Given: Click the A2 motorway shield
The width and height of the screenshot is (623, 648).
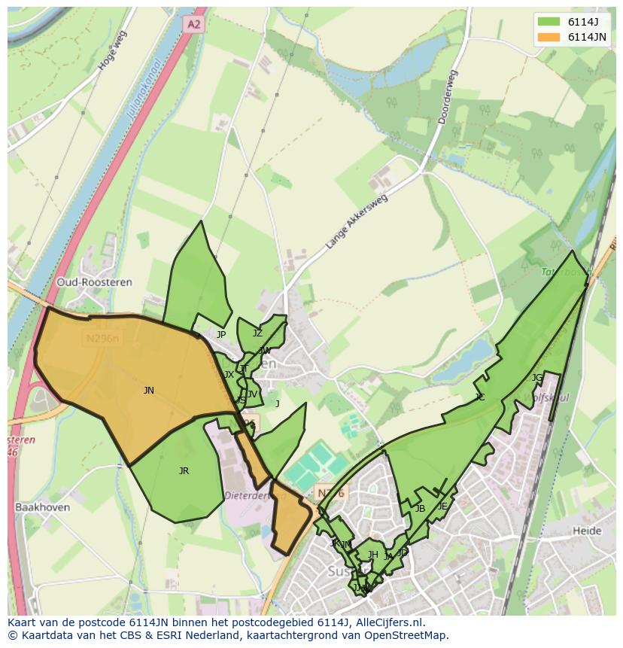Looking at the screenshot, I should coord(193,24).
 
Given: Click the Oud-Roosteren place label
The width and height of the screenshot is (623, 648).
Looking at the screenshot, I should coord(95,282).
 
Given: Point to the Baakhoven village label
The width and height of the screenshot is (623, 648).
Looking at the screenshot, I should coord(42,507).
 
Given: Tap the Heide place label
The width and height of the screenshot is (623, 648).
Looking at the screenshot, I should coord(587,531).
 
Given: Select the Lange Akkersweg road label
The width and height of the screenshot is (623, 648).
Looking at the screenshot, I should coord(356,222).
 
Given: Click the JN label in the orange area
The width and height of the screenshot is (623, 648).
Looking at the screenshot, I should coord(149,390).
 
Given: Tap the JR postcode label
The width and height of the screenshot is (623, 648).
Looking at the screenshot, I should coord(184,470).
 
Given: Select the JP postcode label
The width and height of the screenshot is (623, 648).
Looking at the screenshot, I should coord(221,334).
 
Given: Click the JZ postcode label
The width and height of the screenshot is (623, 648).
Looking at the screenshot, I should coord(257,333).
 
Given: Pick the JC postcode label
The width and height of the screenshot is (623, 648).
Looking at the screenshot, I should coord(480,397).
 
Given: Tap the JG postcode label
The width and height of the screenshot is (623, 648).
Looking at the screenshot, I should coord(536,377).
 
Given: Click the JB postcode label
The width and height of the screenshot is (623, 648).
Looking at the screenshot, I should coord(420,508).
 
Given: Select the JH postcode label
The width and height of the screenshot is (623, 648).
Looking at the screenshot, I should coord(373,555).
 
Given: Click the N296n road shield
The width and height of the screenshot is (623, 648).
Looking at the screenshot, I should coord(102,339).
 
